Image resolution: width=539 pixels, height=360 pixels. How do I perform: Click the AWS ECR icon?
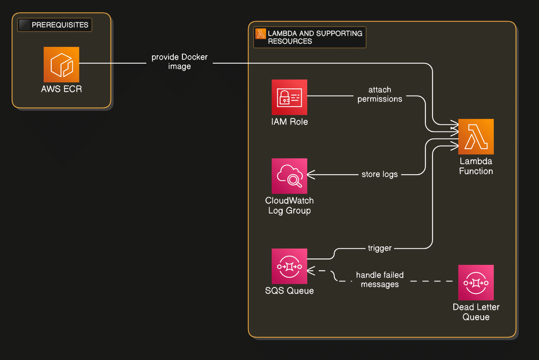(x=62, y=65)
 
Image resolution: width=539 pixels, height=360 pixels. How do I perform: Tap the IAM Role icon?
(x=289, y=97)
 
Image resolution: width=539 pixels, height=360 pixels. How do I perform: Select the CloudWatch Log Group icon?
(x=289, y=176)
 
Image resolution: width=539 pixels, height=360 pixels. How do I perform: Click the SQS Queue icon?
(x=289, y=267)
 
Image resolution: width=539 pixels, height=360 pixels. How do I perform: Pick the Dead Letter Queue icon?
(x=476, y=282)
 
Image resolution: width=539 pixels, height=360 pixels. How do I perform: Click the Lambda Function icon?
(x=476, y=136)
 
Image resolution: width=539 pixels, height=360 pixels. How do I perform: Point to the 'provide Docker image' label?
(x=180, y=62)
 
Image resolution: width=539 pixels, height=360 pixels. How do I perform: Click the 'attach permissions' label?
(x=380, y=94)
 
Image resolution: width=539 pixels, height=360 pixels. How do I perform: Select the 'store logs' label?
(x=380, y=174)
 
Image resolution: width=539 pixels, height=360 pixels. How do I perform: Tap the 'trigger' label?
(x=380, y=248)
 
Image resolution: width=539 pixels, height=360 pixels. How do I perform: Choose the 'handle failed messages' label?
(x=380, y=280)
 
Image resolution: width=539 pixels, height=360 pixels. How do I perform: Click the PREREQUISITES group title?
(x=60, y=25)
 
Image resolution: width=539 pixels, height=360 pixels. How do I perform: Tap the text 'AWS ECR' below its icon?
(x=62, y=89)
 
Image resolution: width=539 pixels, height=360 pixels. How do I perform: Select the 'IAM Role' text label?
(x=289, y=122)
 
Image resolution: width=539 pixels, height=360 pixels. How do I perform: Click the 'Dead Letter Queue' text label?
(x=476, y=312)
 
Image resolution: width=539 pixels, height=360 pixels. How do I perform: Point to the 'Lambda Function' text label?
(x=476, y=166)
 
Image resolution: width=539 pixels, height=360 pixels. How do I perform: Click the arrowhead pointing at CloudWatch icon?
(x=310, y=174)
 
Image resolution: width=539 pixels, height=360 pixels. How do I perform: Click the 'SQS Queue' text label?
(x=289, y=291)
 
